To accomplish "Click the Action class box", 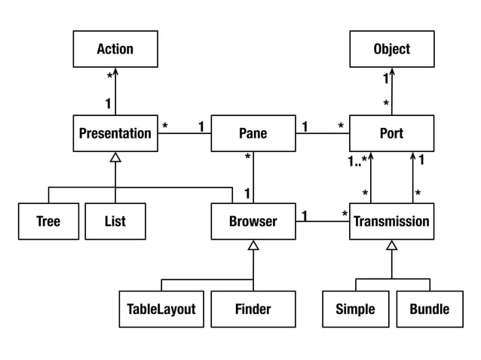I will click(x=115, y=49).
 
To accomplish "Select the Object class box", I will click(x=392, y=49).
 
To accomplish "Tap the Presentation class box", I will click(x=115, y=133).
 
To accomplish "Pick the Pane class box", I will click(x=253, y=133).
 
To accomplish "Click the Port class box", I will click(x=392, y=133).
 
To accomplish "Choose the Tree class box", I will click(x=48, y=221).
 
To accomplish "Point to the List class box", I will click(x=115, y=221).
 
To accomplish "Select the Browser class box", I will click(x=253, y=221).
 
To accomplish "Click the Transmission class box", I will click(x=392, y=221).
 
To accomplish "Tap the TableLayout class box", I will click(x=161, y=310).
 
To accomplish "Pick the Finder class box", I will click(x=253, y=310).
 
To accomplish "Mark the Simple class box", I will click(x=355, y=310).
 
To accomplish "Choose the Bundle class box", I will click(x=430, y=310).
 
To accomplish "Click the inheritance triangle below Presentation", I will click(x=115, y=157).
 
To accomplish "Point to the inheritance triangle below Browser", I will click(x=253, y=245).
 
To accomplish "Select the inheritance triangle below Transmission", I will click(x=392, y=245).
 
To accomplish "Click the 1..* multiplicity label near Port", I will click(x=357, y=160).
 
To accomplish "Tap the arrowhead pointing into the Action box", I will click(x=115, y=71).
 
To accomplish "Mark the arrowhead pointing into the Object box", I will click(x=392, y=71).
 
